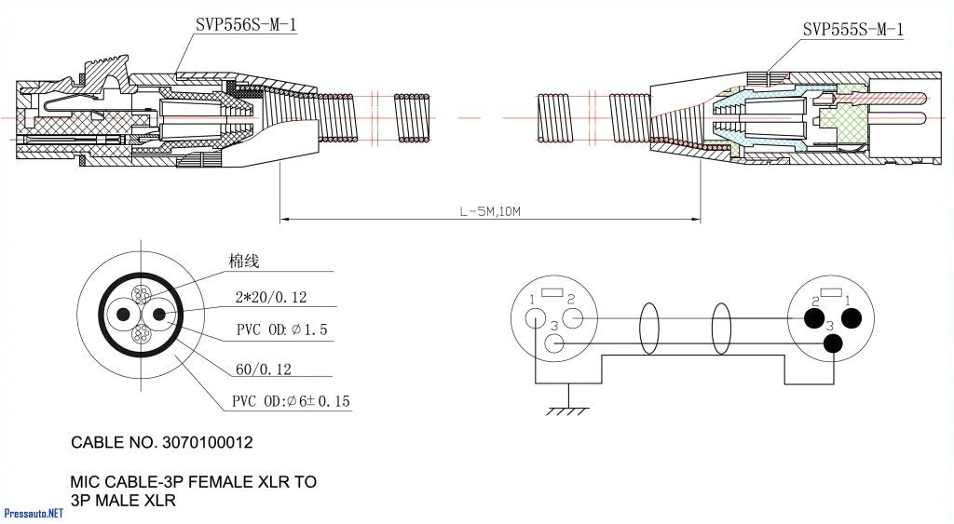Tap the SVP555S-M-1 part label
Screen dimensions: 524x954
coord(852,30)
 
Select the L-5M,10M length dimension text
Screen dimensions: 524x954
coord(490,211)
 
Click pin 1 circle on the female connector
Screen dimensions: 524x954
coord(535,317)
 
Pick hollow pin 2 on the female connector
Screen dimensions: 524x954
coord(574,318)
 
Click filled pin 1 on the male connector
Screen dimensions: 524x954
coord(850,318)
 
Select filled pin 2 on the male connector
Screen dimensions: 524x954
coord(811,318)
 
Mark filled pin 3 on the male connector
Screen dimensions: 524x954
coord(832,343)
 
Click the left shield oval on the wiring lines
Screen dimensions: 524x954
coord(649,329)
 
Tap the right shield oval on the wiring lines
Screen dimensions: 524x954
coord(721,329)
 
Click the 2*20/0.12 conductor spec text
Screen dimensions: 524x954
coord(271,298)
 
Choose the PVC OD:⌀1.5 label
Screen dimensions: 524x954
coord(281,330)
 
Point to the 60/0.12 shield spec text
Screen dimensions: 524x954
coord(264,369)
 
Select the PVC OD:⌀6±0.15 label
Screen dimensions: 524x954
coord(291,402)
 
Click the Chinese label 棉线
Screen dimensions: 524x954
coord(244,262)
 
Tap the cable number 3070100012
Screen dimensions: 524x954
coord(205,443)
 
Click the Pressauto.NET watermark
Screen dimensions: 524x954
coord(34,513)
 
